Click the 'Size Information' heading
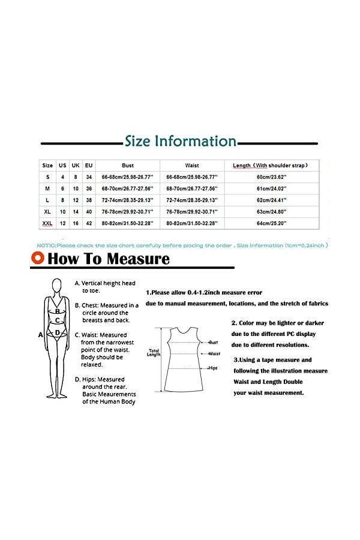(180, 142)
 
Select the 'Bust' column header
(128, 165)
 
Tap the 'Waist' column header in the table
(192, 165)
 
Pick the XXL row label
(47, 223)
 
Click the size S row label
(47, 177)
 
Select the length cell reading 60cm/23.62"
(272, 177)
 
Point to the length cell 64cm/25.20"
(272, 223)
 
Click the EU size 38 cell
(89, 200)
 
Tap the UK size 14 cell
(76, 211)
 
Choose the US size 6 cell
(62, 188)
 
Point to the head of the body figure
(58, 286)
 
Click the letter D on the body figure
(57, 332)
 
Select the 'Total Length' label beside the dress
(154, 352)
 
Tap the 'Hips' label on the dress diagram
(212, 367)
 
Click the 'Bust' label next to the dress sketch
(213, 342)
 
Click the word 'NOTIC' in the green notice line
(47, 245)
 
